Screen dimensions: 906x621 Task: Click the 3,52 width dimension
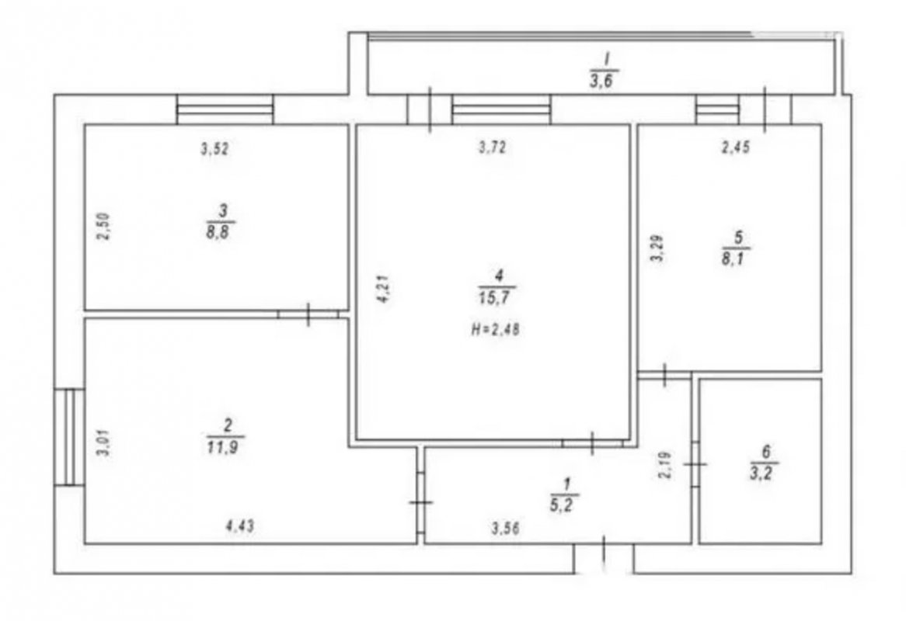coord(215,149)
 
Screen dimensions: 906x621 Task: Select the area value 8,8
coord(220,233)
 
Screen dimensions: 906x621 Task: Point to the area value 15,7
coord(497,297)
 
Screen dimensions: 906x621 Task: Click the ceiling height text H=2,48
coord(496,330)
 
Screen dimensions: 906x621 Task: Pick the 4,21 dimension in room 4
coord(385,290)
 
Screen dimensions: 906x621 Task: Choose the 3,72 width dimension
coord(493,147)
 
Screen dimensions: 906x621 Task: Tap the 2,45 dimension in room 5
coord(736,147)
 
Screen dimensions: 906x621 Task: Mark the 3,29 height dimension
coord(657,248)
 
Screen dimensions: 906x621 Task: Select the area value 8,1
coord(735,257)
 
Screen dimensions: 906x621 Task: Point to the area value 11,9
coord(225,446)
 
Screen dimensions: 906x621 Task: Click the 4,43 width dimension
coord(239,526)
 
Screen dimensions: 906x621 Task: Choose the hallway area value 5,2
coord(565,504)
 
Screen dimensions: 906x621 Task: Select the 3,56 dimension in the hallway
coord(505,528)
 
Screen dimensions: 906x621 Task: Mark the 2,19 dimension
coord(666,465)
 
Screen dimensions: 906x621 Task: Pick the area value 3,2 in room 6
coord(763,474)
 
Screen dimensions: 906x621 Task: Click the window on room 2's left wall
coord(69,437)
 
